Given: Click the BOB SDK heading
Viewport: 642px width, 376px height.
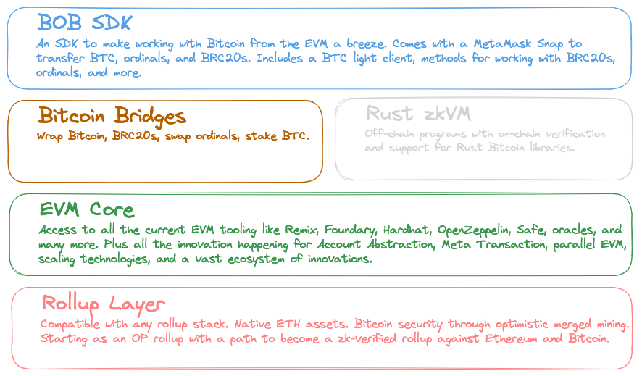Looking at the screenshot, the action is tap(85, 22).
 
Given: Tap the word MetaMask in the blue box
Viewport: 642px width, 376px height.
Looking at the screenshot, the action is tap(502, 43).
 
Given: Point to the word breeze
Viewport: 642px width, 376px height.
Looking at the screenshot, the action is tap(366, 43).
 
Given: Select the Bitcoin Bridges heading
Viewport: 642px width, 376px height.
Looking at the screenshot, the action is tap(112, 116).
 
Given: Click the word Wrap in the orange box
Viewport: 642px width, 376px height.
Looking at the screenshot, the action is tap(49, 135).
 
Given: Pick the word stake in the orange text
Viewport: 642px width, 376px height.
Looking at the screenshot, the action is tap(261, 135).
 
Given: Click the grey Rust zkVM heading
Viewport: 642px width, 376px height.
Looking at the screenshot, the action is tap(418, 114).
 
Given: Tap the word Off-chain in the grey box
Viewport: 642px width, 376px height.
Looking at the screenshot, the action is tap(389, 134).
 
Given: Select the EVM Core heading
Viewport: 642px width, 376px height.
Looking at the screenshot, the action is tap(87, 209).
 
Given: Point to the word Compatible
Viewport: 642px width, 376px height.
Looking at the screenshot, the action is tap(70, 324).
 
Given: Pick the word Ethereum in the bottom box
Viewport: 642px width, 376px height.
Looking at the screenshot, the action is tap(512, 339).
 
